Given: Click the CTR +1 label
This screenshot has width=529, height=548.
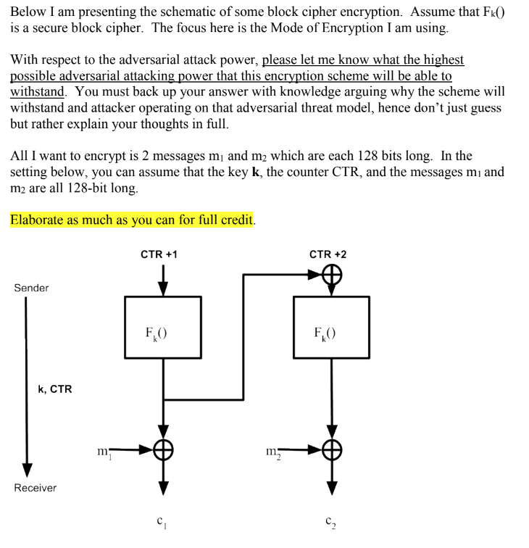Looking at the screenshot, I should (159, 254).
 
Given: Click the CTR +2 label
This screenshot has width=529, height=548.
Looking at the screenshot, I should (328, 254).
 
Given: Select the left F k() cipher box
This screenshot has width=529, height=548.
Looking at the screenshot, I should (163, 327).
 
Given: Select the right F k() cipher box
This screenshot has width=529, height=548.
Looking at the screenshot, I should (331, 327).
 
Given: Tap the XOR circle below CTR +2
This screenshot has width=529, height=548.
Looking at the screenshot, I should (332, 276).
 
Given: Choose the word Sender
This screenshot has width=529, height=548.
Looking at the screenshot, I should (31, 288).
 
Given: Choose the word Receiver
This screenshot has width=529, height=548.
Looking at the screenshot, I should (36, 488).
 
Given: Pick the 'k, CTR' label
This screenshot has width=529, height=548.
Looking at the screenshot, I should (54, 389).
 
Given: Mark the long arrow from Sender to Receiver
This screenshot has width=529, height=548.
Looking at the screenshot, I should (26, 384).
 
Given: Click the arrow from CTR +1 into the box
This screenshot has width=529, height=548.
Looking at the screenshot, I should (164, 279).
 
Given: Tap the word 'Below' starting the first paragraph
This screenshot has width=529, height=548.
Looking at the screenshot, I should (28, 12).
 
